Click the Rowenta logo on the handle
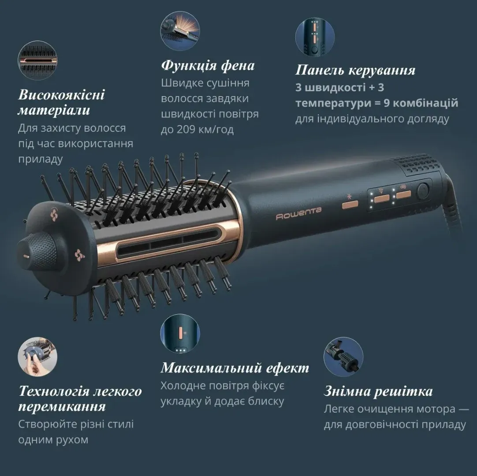pyautogui.click(x=298, y=213)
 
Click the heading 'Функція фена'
pyautogui.click(x=208, y=65)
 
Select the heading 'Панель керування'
pyautogui.click(x=355, y=70)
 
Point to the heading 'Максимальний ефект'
pyautogui.click(x=235, y=368)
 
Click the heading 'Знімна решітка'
pyautogui.click(x=378, y=391)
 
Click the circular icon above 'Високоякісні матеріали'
pyautogui.click(x=37, y=60)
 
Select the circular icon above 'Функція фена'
pyautogui.click(x=180, y=31)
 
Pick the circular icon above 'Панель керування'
pyautogui.click(x=315, y=37)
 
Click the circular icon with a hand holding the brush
pyautogui.click(x=37, y=357)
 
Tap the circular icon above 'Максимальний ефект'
pyautogui.click(x=180, y=334)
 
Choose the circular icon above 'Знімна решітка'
pyautogui.click(x=343, y=357)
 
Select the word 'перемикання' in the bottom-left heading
pyautogui.click(x=62, y=407)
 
